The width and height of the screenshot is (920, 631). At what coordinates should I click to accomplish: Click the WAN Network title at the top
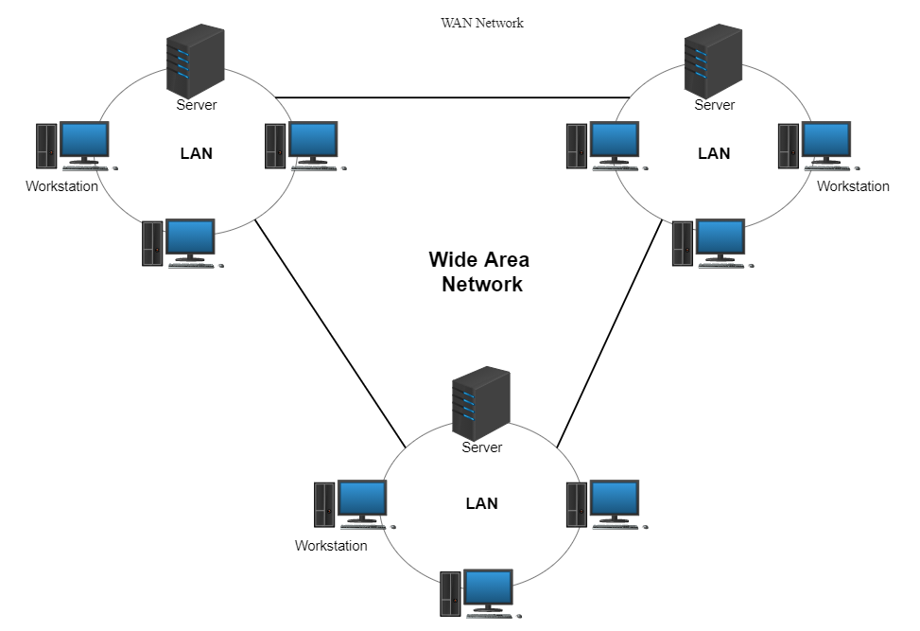[481, 23]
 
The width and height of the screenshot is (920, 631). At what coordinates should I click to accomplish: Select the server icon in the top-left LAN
[196, 61]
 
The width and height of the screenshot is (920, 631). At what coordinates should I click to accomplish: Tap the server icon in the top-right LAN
[713, 61]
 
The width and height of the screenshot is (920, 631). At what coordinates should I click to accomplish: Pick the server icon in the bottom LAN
[481, 404]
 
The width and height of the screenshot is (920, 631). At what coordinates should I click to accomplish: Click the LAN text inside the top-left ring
[196, 153]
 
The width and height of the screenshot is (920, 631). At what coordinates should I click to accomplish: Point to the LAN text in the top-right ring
[714, 153]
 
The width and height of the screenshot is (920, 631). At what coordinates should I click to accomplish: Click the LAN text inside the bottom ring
[481, 503]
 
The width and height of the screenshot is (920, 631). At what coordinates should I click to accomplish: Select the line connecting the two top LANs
[452, 97]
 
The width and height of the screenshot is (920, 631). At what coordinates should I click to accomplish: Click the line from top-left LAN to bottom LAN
[330, 333]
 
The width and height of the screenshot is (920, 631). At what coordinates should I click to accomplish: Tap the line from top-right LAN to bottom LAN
[610, 333]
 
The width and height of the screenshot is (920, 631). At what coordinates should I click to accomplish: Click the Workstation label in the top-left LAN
[61, 186]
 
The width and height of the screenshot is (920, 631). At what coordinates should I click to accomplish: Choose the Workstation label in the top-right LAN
[853, 186]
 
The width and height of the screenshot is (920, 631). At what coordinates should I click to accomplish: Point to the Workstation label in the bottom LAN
[331, 546]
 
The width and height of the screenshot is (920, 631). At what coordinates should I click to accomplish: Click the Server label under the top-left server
[197, 105]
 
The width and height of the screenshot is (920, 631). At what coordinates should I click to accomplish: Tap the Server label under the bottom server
[481, 447]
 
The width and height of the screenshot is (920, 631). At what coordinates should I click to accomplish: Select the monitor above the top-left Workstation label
[84, 143]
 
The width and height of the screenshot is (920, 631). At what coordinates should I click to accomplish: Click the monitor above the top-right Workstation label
[826, 143]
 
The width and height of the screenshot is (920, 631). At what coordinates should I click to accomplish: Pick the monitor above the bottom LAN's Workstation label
[362, 501]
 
